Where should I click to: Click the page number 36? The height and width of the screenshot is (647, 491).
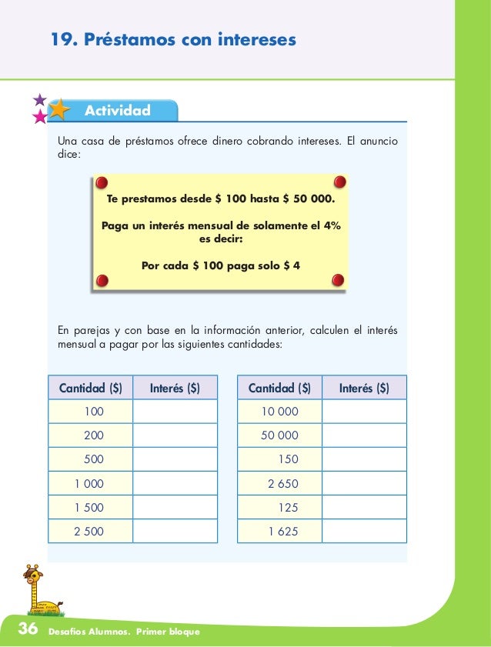click(x=27, y=629)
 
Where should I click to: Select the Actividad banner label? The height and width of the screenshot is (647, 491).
click(x=117, y=111)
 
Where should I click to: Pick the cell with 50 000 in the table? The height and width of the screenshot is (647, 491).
click(x=279, y=435)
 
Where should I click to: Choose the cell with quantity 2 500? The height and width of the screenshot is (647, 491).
click(x=89, y=531)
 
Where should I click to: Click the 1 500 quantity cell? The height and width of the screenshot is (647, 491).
click(x=89, y=508)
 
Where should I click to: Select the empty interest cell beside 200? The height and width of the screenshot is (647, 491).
click(x=175, y=435)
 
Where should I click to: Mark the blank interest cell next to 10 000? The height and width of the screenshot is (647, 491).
click(x=364, y=412)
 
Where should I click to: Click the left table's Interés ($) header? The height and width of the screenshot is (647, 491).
click(x=175, y=389)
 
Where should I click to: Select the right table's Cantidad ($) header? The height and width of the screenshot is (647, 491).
click(x=279, y=389)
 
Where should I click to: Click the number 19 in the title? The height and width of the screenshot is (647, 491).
click(x=62, y=38)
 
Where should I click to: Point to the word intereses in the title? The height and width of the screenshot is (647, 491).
click(x=258, y=38)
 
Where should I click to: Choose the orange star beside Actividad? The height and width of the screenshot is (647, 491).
click(x=58, y=111)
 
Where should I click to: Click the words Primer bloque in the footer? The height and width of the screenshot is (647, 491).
click(x=169, y=632)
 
